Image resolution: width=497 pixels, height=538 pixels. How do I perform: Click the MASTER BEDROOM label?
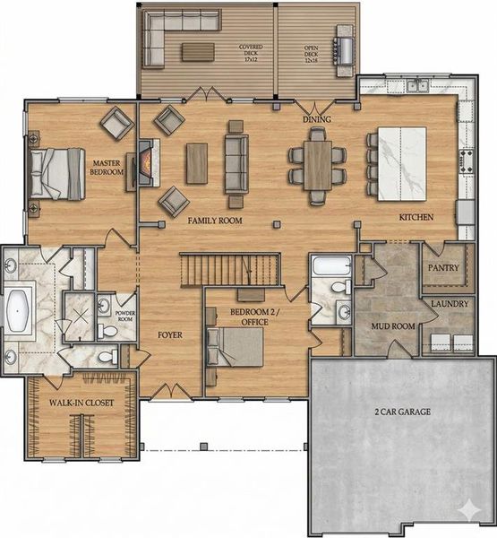[x=107, y=167]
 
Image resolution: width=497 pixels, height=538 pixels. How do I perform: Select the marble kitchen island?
[x=399, y=164]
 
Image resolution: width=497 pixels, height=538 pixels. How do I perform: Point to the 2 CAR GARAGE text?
[x=402, y=412]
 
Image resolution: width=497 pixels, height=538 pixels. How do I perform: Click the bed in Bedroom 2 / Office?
[x=236, y=345]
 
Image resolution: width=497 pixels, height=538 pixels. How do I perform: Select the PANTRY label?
[x=443, y=268]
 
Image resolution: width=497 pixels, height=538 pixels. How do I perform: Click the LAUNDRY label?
[x=449, y=304]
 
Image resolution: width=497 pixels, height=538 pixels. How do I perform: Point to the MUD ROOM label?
[x=391, y=326]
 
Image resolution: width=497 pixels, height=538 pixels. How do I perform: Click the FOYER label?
[x=170, y=335]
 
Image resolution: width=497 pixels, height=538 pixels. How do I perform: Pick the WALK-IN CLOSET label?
[x=81, y=403]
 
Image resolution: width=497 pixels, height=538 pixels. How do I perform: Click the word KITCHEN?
[x=416, y=217]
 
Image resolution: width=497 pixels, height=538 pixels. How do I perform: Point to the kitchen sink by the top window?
[x=415, y=87]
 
